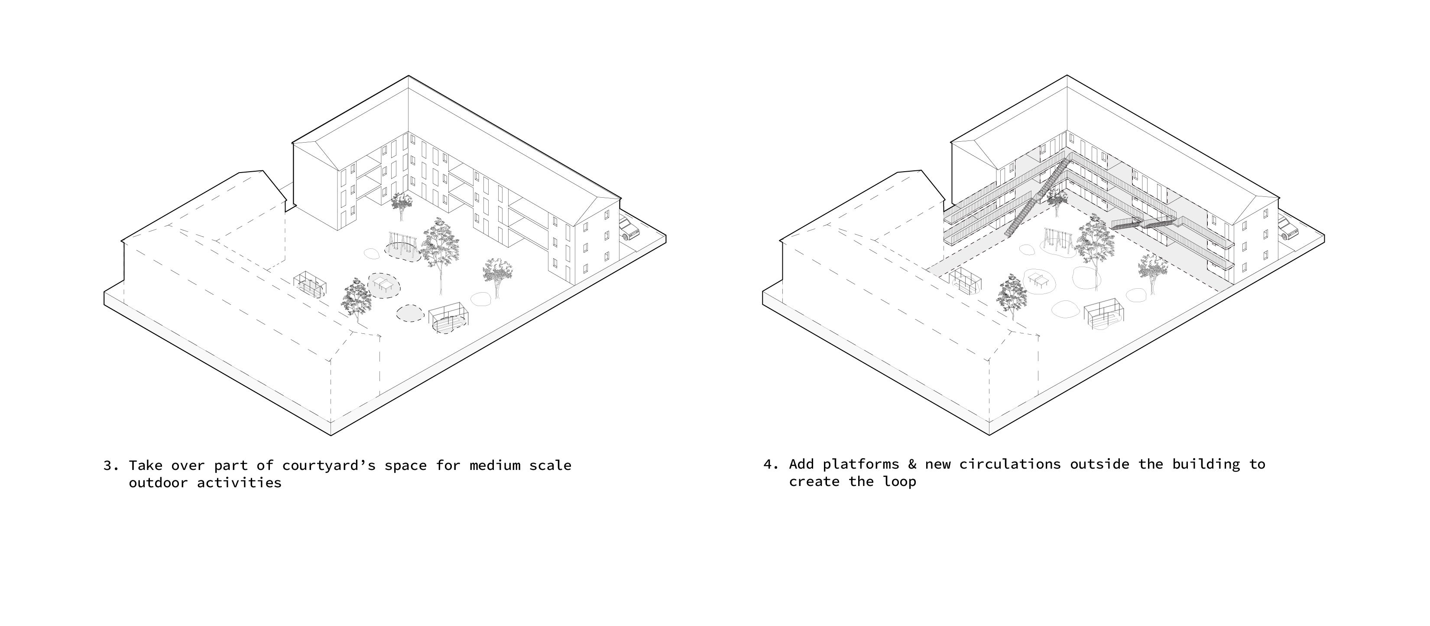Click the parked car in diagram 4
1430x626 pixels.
click(1288, 228)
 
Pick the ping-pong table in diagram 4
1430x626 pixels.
click(1039, 279)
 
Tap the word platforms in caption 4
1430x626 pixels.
click(860, 464)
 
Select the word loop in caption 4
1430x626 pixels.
click(899, 482)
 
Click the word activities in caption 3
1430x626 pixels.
click(239, 482)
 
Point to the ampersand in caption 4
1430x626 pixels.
click(912, 464)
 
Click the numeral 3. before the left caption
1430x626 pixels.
click(111, 466)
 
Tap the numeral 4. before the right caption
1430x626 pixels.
click(771, 464)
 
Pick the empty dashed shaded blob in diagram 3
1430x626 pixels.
click(410, 313)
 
